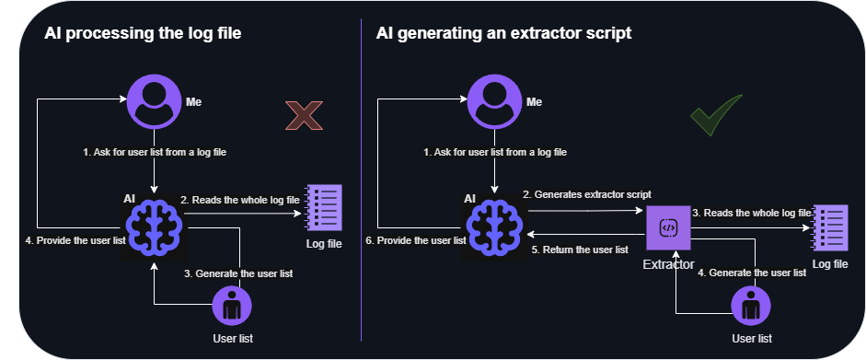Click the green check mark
[717, 116]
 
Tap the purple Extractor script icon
[669, 226]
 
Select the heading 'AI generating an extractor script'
[503, 34]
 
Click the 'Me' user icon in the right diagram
[496, 100]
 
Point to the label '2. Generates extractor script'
[587, 195]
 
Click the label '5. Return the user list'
[581, 250]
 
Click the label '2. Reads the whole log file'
[239, 199]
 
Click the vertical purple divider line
[362, 184]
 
